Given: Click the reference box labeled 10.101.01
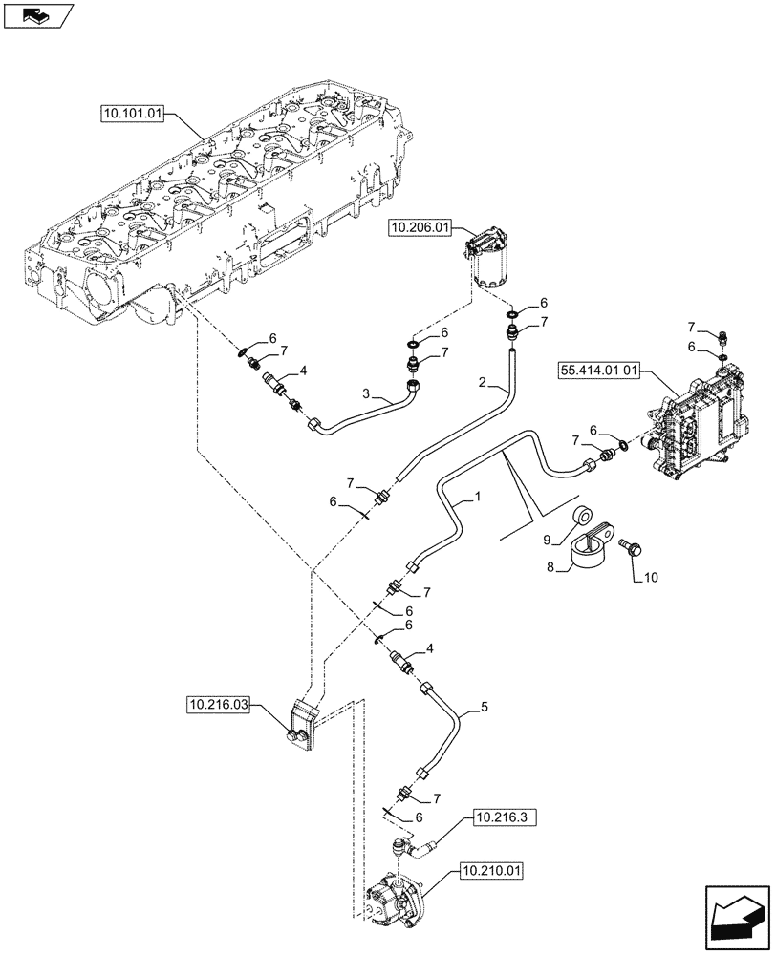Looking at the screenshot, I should [133, 114].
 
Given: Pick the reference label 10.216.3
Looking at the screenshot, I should [498, 818].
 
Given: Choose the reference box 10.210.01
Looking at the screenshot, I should [493, 870].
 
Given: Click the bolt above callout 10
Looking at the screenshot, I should [632, 548].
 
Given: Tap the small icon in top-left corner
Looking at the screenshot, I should [38, 15].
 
